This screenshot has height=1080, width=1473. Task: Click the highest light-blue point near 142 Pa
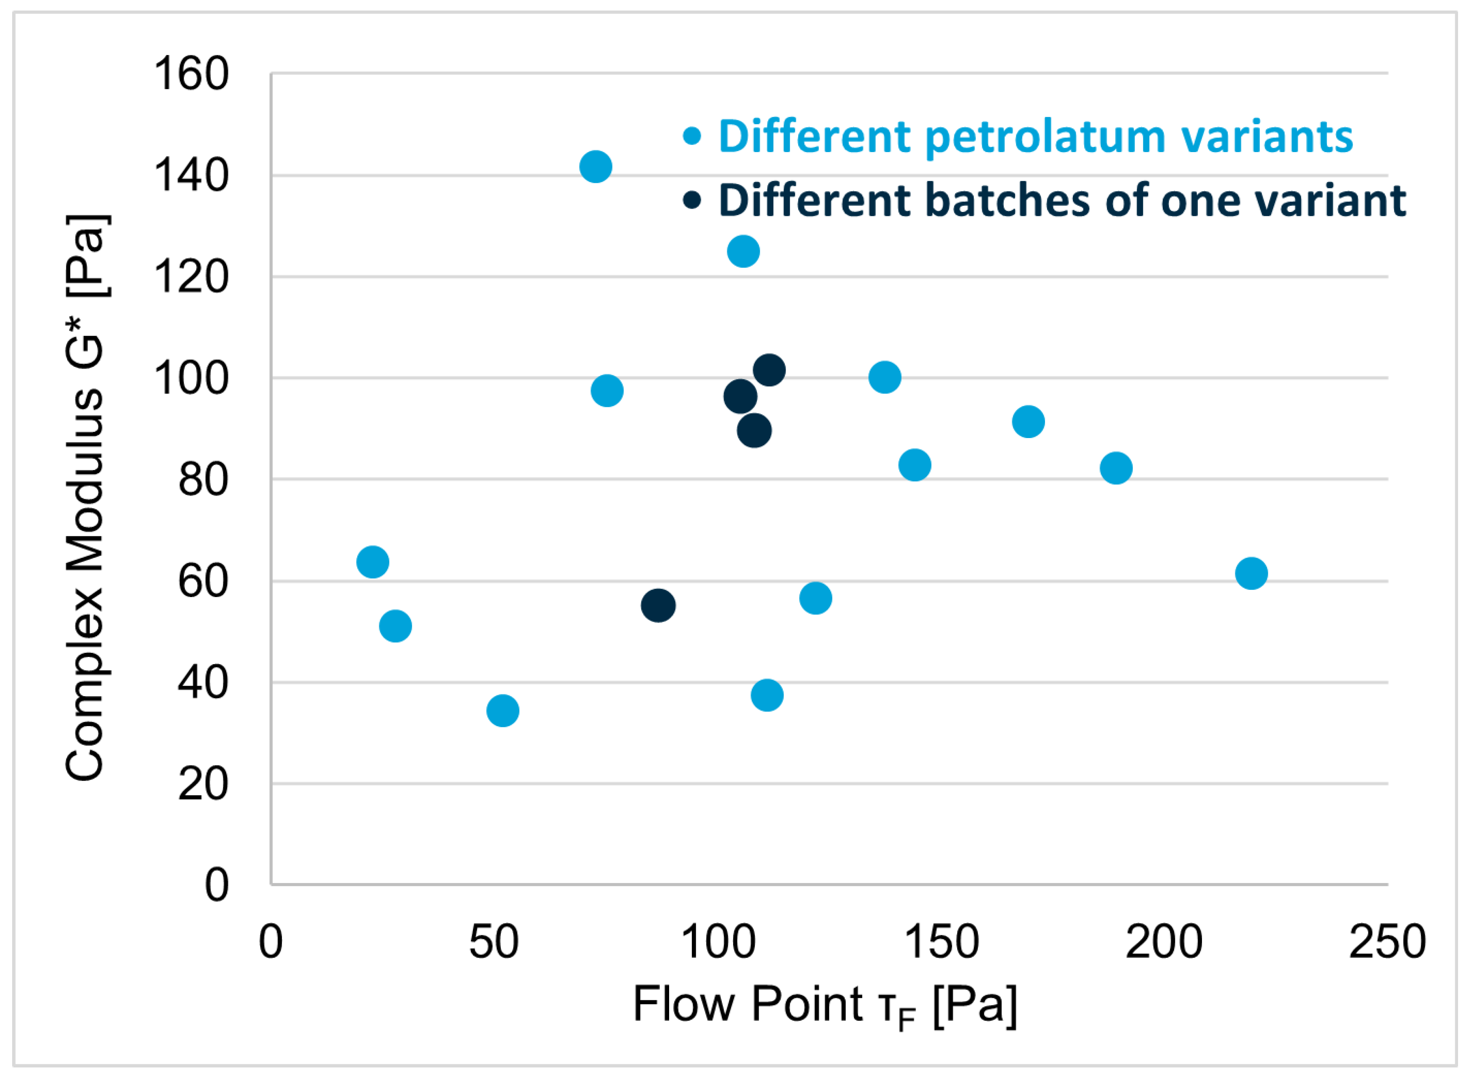tap(596, 166)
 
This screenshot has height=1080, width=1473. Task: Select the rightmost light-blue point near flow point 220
tap(1251, 573)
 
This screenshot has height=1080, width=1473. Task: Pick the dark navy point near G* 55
tap(658, 606)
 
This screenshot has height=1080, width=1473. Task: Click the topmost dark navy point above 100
tap(769, 370)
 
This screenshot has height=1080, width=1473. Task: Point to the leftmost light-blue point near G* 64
tap(373, 562)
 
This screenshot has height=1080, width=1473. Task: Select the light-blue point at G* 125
tap(743, 251)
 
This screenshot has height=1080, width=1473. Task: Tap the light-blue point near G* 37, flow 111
tap(767, 695)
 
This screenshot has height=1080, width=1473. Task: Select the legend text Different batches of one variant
tap(1062, 200)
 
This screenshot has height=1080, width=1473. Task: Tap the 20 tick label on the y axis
tap(203, 784)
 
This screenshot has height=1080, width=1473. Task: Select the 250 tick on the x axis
tap(1387, 942)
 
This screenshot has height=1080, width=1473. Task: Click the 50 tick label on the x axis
tap(494, 942)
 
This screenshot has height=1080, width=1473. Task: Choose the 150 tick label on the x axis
tap(941, 942)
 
